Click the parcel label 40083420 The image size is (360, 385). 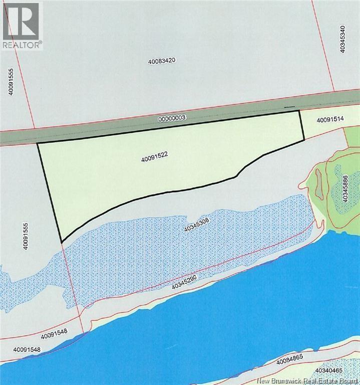(x=164, y=61)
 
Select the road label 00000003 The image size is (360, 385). (x=172, y=118)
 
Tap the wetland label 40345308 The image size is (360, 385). (x=199, y=228)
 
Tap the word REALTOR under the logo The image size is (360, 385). (x=21, y=44)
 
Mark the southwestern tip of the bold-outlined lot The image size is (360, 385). (x=62, y=242)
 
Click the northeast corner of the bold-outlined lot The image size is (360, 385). (x=299, y=111)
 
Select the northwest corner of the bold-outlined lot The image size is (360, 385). (x=38, y=144)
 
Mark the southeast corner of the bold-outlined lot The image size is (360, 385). (x=303, y=140)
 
